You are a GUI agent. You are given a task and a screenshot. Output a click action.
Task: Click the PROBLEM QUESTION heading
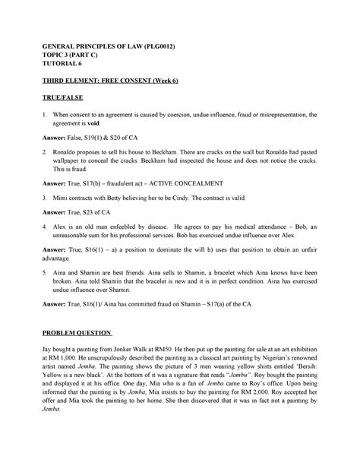point(77,332)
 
